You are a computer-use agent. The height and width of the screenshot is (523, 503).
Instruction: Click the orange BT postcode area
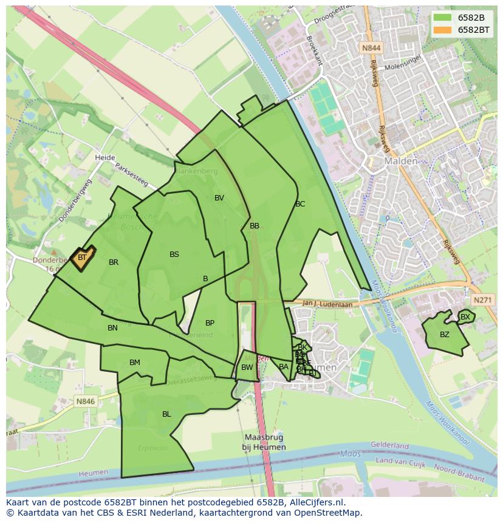click(82, 258)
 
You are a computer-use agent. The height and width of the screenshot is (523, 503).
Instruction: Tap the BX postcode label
click(465, 317)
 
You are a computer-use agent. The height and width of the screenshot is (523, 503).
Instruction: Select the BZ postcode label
click(445, 335)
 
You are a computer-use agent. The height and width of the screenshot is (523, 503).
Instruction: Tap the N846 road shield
click(86, 402)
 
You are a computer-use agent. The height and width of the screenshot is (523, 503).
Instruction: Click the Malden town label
click(400, 161)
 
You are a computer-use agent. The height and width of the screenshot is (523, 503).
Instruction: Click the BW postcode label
click(247, 367)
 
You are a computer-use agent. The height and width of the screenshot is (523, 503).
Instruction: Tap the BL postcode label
click(166, 414)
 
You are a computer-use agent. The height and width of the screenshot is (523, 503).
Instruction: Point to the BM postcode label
click(135, 363)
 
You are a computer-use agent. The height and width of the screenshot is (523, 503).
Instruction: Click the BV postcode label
click(219, 198)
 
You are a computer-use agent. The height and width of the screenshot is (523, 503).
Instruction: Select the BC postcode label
click(300, 204)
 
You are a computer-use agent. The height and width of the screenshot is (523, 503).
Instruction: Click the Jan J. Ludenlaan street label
click(327, 304)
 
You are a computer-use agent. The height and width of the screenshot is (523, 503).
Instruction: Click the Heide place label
click(104, 158)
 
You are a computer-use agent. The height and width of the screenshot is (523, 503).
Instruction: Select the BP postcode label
click(210, 323)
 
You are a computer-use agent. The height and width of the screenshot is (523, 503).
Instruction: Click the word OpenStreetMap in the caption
click(326, 513)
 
